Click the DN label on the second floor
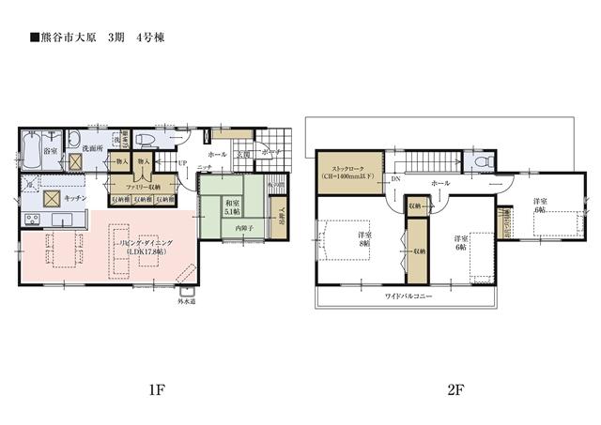396,178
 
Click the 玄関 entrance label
242,154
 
